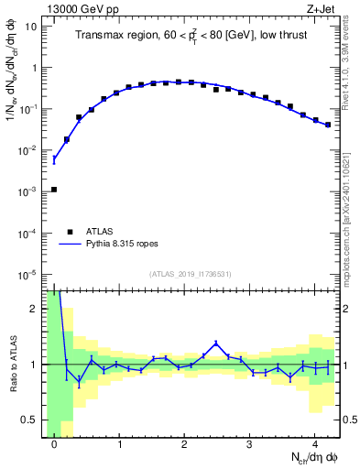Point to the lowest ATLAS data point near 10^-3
pyautogui.click(x=54, y=189)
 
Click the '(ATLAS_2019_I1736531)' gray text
pyautogui.click(x=191, y=274)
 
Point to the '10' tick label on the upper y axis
pyautogui.click(x=31, y=27)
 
